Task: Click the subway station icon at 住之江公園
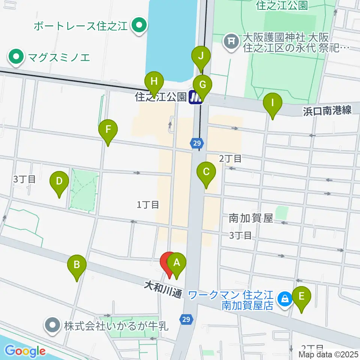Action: pos(196,98)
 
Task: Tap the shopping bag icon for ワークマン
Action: pos(285,299)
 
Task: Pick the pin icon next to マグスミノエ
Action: pos(16,57)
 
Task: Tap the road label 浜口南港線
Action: pos(327,110)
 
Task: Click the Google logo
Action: pos(25,351)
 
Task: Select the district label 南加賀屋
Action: pos(251,218)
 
